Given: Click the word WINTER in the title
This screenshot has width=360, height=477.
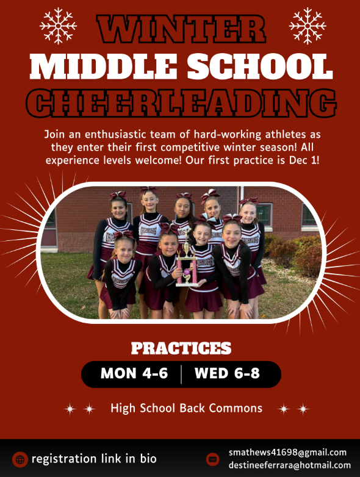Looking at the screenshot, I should pos(181,29).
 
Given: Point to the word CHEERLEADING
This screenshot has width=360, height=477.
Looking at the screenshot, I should pos(181,104).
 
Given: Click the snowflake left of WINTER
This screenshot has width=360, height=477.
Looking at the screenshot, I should pos(59,25).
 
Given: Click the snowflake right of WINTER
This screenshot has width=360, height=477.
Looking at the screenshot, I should pos(307,25).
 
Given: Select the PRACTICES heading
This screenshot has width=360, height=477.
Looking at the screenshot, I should pos(181,348).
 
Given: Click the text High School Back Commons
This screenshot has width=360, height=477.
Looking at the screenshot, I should pos(186,408).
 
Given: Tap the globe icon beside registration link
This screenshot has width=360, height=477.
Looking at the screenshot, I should pos(20,459).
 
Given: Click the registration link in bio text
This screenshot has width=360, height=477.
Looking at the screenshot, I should pos(94,459).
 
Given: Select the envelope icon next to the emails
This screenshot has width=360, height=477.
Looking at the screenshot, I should pos(212,459).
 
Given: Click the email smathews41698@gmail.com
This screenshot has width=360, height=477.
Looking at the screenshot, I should pos(287,453).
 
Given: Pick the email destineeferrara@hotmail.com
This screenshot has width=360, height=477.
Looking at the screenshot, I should pos(290,465).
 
